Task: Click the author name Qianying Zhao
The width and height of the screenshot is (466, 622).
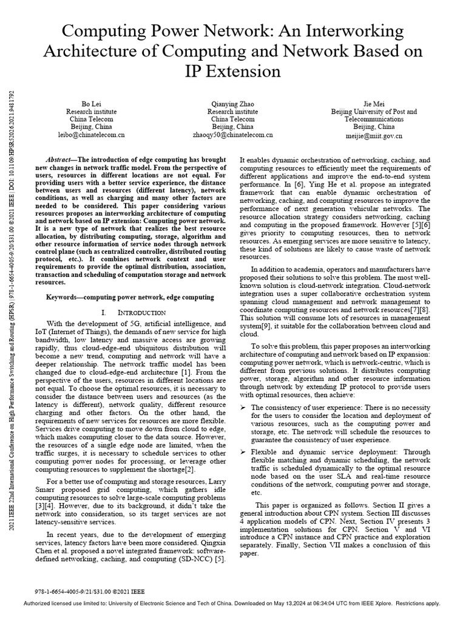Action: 232,103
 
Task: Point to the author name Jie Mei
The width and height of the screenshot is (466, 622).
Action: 374,103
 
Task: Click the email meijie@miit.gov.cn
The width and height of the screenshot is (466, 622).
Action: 374,135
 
